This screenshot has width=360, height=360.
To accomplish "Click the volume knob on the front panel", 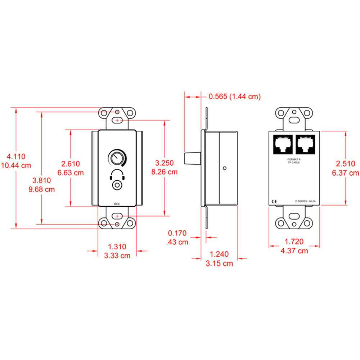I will pyautogui.click(x=117, y=158).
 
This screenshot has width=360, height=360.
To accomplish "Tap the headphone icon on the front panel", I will pyautogui.click(x=117, y=175).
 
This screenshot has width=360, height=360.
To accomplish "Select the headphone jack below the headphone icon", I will pyautogui.click(x=117, y=185).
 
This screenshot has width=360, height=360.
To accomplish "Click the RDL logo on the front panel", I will pyautogui.click(x=117, y=203).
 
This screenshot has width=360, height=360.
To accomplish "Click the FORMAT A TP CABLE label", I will pyautogui.click(x=294, y=161).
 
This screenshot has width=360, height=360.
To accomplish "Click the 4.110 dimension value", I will pyautogui.click(x=17, y=157).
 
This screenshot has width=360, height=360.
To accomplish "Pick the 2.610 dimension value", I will pyautogui.click(x=70, y=164).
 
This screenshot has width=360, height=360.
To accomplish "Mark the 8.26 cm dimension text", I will pyautogui.click(x=165, y=172).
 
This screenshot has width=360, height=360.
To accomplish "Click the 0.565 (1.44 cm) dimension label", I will pyautogui.click(x=234, y=96).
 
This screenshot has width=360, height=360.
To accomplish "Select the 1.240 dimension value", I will pyautogui.click(x=219, y=255).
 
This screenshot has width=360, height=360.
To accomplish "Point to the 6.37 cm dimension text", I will pyautogui.click(x=346, y=173).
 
